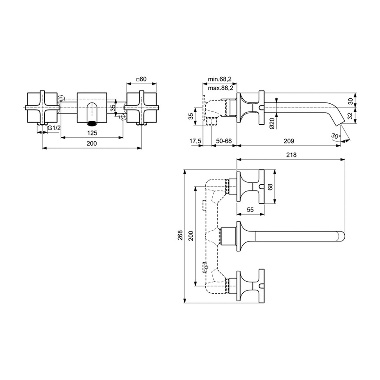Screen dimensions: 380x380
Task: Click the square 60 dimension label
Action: [x=141, y=79]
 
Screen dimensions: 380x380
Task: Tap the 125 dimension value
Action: [x=92, y=133]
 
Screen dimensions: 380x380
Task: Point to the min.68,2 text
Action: [x=219, y=79]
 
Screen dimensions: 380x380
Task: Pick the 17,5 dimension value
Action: [x=196, y=141]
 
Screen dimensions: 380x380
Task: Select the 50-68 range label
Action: [x=224, y=141]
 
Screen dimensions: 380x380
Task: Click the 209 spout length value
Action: [x=289, y=141]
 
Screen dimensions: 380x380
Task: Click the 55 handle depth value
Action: [x=250, y=209]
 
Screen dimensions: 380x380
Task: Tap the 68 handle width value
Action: [x=270, y=187]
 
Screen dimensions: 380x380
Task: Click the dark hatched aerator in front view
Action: [x=92, y=122]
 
